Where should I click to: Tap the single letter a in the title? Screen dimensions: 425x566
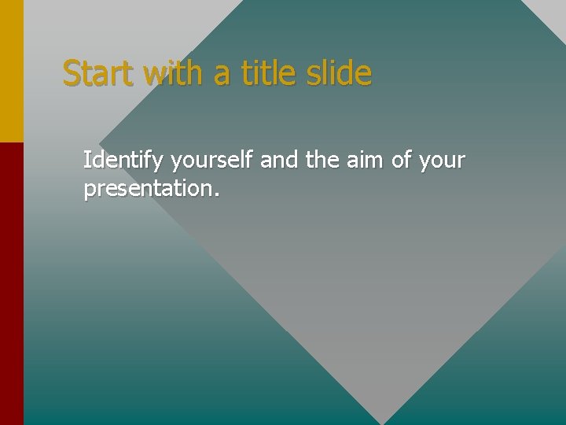[x=222, y=75]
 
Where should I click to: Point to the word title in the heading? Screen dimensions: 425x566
[x=259, y=73]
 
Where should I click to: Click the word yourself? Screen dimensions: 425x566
[x=211, y=161]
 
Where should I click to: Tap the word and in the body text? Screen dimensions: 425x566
[x=279, y=161]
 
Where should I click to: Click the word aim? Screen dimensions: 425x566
[x=366, y=161]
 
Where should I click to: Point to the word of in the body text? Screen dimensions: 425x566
[x=402, y=161]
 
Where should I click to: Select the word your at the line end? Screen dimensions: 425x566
[x=443, y=162]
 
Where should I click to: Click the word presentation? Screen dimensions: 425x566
[x=148, y=190]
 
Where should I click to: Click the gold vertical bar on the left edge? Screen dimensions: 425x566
[x=12, y=71]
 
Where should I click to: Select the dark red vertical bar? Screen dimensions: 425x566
[x=12, y=283]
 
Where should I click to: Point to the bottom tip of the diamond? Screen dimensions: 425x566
[x=383, y=423]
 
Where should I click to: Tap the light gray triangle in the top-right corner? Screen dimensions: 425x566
[x=550, y=9]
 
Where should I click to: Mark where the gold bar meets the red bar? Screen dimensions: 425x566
[x=12, y=142]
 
